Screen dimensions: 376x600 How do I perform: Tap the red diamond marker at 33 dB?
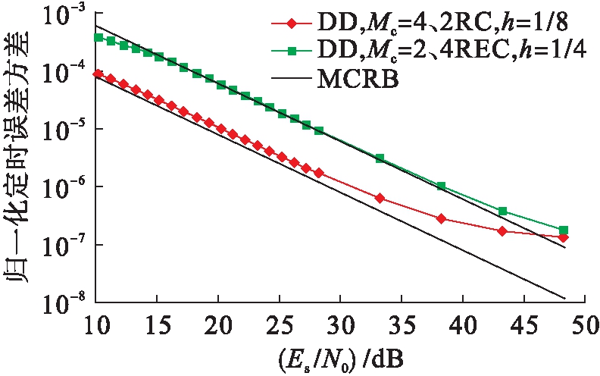[380, 198]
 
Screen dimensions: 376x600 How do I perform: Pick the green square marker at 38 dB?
[441, 186]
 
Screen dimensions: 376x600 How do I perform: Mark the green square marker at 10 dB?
[98, 37]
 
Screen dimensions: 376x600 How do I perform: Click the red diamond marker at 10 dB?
[98, 74]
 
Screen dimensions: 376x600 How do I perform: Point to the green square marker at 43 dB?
[502, 211]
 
